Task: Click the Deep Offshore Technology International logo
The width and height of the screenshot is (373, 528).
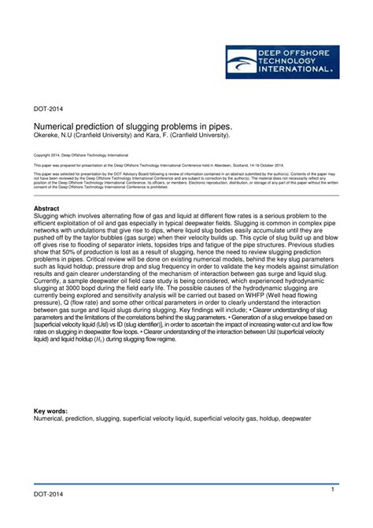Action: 282,61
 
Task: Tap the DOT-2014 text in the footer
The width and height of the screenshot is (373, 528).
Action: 48,494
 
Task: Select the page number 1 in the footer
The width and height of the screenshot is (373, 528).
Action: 333,490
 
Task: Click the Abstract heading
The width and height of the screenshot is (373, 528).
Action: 49,208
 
